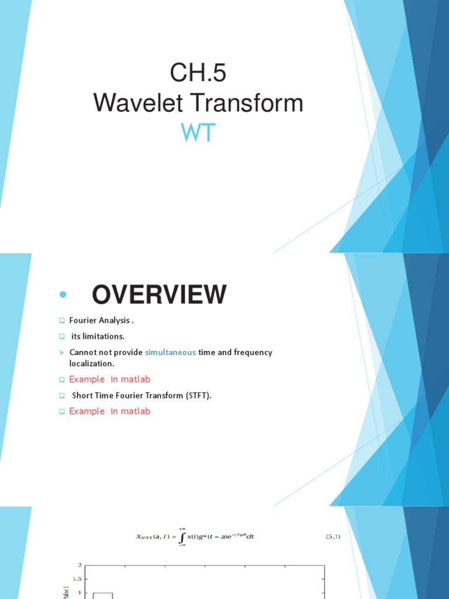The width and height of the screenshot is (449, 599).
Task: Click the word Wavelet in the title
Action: (127, 104)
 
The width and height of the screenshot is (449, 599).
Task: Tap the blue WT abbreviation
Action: (198, 133)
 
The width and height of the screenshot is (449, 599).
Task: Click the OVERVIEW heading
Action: (159, 295)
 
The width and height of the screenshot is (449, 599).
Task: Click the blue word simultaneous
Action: (170, 352)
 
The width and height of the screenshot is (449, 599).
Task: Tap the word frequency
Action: (253, 352)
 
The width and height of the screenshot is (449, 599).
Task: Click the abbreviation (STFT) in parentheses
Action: (198, 395)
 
